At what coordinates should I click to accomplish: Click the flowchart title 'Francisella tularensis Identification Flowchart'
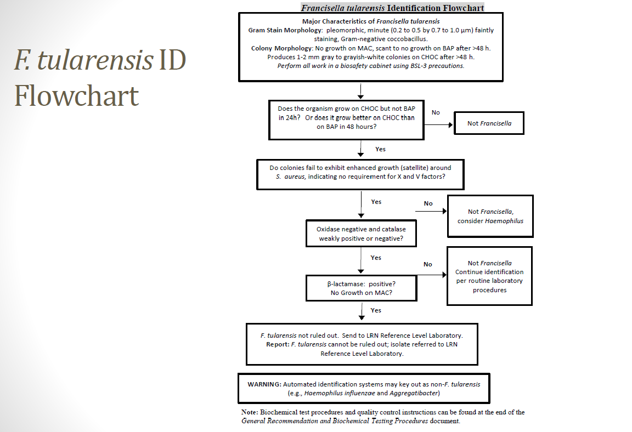click(392, 8)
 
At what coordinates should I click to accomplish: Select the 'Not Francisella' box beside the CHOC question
click(489, 123)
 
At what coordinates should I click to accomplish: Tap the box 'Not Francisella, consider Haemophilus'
click(490, 216)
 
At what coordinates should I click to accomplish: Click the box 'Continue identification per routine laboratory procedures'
click(489, 276)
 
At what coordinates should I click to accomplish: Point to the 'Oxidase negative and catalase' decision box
click(360, 234)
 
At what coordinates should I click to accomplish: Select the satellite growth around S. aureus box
click(360, 174)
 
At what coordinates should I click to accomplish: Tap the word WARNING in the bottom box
click(264, 384)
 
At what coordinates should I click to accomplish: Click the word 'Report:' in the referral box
click(277, 344)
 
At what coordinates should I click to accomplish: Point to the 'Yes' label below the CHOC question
click(380, 149)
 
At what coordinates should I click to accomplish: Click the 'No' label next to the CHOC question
click(436, 112)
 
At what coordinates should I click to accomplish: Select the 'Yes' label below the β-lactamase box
click(376, 310)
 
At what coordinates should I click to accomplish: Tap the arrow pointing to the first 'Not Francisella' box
click(438, 124)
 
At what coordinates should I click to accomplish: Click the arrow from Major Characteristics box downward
click(360, 90)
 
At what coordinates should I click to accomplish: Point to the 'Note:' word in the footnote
click(250, 412)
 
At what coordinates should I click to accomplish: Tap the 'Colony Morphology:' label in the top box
click(283, 48)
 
